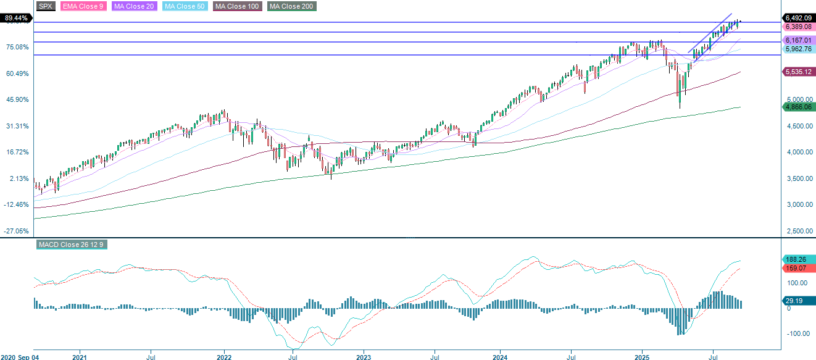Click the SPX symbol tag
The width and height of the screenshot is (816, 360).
click(46, 6)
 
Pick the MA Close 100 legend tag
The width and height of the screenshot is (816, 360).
click(238, 6)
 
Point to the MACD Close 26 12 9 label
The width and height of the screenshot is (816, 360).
click(72, 245)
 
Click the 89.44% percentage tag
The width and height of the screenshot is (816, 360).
click(16, 19)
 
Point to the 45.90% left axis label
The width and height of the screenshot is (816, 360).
click(17, 100)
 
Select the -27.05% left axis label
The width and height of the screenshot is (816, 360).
click(17, 231)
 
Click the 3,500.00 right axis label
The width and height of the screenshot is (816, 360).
click(798, 178)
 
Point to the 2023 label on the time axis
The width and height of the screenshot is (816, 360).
click(364, 357)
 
